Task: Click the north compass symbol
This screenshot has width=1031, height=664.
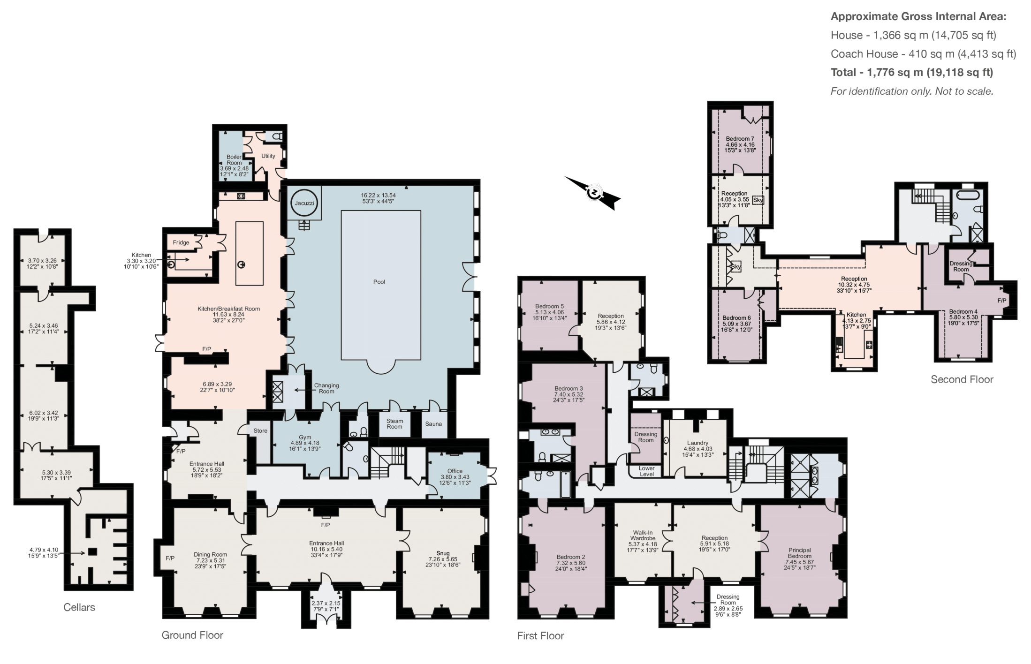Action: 594,193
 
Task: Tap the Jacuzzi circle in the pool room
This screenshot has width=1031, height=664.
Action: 304,203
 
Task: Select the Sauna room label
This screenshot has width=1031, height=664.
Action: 433,424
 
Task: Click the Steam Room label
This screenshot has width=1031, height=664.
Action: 394,424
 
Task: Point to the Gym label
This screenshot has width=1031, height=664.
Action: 305,437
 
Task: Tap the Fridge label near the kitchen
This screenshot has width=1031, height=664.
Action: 181,242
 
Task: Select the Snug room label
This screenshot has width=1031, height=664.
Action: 443,553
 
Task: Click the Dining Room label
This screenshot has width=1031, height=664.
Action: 210,554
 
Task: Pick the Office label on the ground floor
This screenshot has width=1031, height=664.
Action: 455,471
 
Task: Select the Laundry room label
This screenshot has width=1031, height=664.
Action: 697,443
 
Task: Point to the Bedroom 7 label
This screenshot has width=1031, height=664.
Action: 740,139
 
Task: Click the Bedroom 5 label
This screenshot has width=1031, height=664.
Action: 549,306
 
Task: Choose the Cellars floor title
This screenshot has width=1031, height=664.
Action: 79,607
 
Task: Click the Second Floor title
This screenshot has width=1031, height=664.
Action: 962,379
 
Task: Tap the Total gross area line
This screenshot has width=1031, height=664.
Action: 911,72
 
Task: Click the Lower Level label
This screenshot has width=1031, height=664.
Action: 646,471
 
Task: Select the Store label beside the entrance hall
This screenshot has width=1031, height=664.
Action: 260,430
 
